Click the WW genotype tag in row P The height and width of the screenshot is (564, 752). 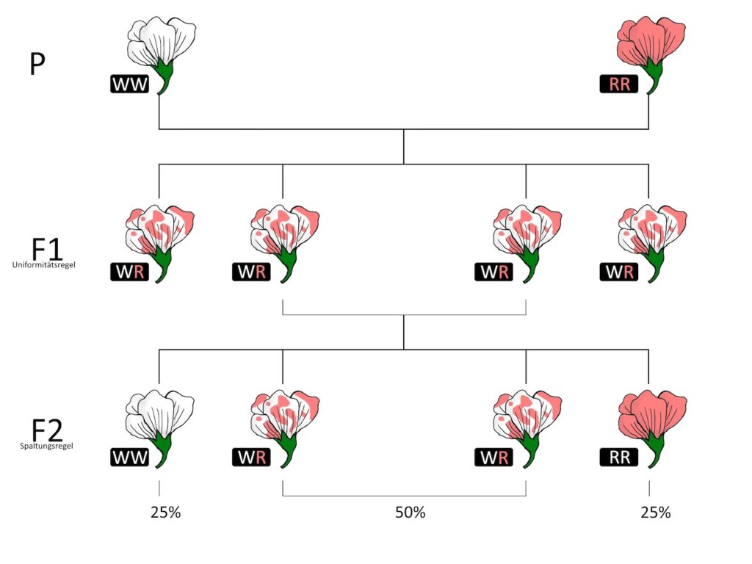131,84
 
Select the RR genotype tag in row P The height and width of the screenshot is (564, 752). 619,84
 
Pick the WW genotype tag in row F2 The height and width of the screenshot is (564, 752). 131,458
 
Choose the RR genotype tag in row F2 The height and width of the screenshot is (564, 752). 619,458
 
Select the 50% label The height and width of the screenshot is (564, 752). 411,513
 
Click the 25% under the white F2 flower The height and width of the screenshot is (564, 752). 165,513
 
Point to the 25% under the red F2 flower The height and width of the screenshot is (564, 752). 655,513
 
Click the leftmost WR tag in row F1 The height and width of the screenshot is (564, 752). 131,272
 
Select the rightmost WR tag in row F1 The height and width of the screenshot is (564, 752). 619,272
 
